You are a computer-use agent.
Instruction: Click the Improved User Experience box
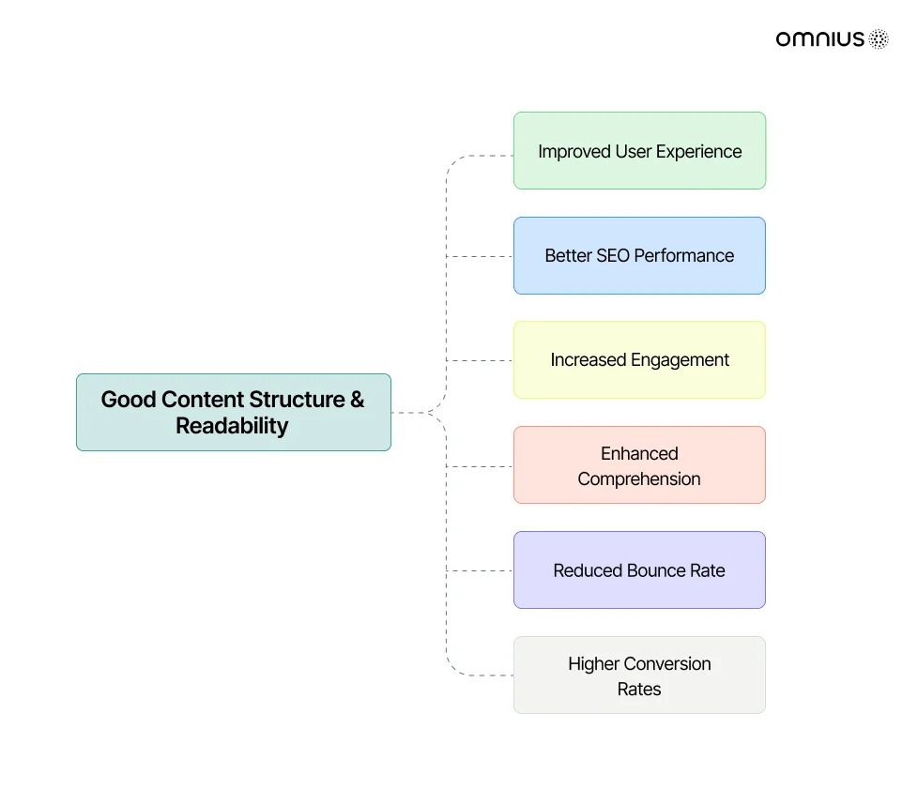point(639,150)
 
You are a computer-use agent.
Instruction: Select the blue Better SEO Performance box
point(639,256)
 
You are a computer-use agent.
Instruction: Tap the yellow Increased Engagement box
point(639,360)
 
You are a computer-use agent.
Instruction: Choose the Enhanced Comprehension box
point(639,464)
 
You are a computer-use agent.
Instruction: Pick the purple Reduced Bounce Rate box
point(639,570)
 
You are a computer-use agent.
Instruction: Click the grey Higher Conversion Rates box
point(639,675)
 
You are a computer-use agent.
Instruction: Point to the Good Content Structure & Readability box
point(234,412)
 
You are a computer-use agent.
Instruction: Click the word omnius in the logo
point(819,39)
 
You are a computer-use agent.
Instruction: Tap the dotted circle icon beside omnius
point(879,39)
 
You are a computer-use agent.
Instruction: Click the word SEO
point(612,256)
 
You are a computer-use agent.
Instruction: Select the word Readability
point(232,427)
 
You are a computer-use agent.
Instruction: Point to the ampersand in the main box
point(357,399)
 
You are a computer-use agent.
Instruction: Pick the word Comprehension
point(638,479)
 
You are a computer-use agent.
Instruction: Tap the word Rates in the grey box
point(638,690)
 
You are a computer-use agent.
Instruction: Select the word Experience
point(698,152)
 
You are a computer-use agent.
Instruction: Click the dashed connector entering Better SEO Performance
point(480,256)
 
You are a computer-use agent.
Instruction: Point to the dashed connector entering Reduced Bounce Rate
point(480,570)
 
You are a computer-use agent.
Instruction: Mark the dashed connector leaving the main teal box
point(411,413)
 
